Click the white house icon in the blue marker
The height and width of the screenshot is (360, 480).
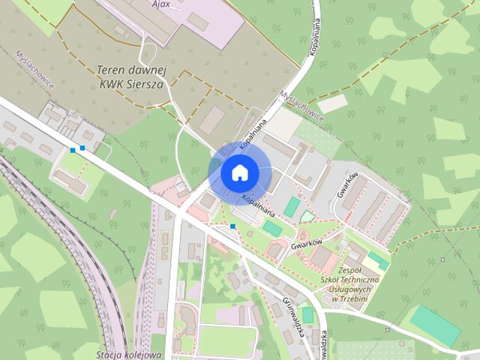click(x=238, y=172)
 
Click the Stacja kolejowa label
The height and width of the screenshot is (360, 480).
click(x=129, y=354)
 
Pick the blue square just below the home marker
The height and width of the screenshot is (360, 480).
click(x=233, y=226)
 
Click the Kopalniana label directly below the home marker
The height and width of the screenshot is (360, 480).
click(x=256, y=198)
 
